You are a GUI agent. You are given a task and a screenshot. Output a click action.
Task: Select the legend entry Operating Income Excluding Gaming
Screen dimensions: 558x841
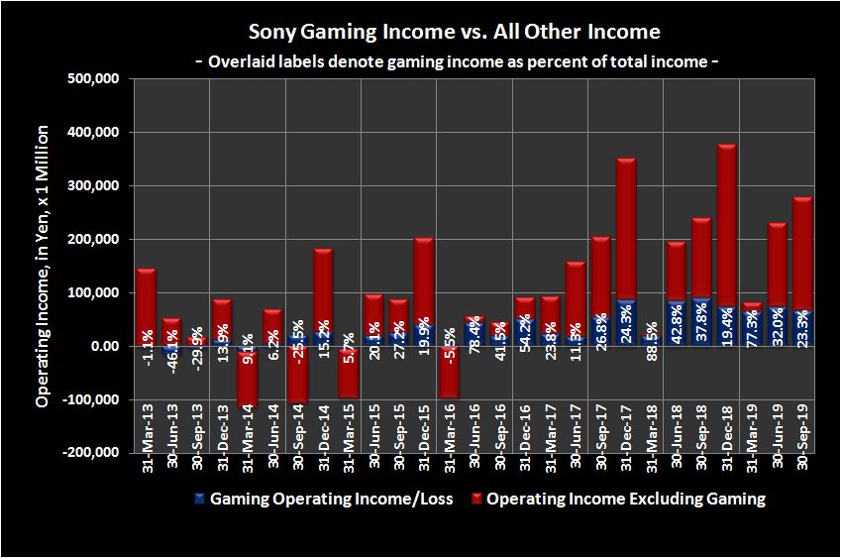[x=624, y=499]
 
